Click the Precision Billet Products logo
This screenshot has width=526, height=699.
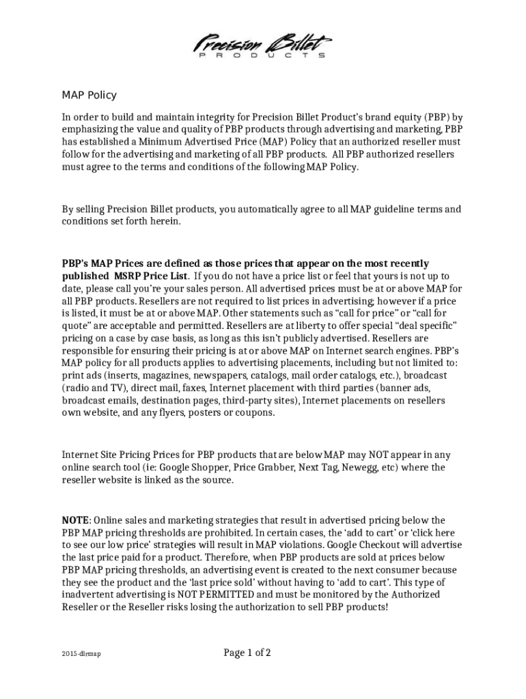[x=263, y=46]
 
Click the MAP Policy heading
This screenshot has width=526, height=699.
[x=89, y=95]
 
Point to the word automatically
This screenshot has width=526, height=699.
[x=255, y=209]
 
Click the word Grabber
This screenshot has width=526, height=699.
[x=275, y=468]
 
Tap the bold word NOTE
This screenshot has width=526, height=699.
[x=76, y=520]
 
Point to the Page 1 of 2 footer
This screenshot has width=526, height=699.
[x=247, y=653]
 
